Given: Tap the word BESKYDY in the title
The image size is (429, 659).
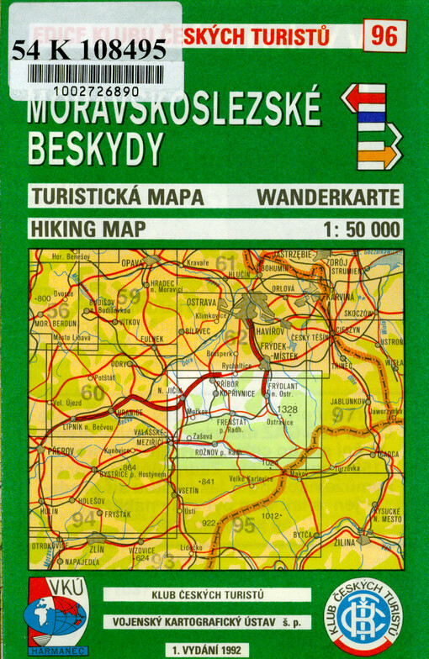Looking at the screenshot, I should (x=94, y=147).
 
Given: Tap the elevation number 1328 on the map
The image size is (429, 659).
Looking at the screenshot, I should (x=287, y=409).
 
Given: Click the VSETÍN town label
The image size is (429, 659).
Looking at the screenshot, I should (x=189, y=490).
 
